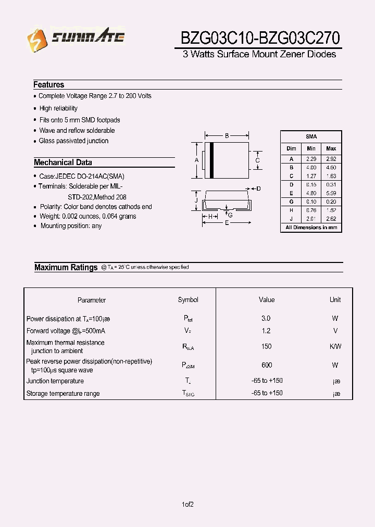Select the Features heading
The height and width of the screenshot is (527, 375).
point(49,84)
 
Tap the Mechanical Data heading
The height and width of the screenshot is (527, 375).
point(63,162)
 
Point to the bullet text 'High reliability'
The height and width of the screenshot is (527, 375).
point(58,108)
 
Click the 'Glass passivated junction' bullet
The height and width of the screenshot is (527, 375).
point(73,141)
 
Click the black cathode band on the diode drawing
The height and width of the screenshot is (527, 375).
point(211,160)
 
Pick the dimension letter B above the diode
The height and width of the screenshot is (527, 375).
point(227,136)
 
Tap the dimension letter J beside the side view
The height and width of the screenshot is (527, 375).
point(196,200)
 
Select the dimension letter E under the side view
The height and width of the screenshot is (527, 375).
point(227,223)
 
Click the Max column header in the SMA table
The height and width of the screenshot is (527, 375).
point(331,148)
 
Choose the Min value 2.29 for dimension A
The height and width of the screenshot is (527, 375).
point(311,159)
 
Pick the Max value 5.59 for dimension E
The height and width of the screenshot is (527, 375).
point(331,193)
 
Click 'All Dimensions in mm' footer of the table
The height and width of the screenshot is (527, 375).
point(311,228)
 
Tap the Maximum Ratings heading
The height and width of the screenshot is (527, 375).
point(66,267)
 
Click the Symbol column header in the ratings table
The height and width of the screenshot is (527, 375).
point(188,300)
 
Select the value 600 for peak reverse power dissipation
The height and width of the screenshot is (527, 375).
point(267,365)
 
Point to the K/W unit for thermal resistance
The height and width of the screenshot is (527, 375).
point(335,346)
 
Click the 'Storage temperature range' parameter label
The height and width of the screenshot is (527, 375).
point(63,394)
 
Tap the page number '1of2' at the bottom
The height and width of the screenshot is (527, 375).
point(188,504)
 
